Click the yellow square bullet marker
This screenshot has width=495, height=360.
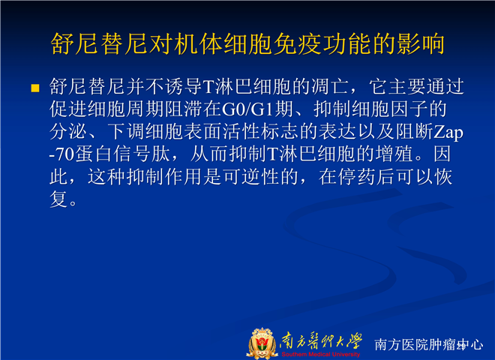(x=35, y=88)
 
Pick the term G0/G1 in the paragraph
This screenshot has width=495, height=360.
(x=247, y=109)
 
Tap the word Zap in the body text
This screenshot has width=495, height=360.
(x=448, y=132)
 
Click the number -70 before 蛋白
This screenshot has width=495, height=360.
(x=61, y=154)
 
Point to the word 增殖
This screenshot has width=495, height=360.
(x=394, y=154)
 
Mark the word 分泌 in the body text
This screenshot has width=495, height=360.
(x=68, y=132)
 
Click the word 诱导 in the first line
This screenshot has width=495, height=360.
(x=184, y=86)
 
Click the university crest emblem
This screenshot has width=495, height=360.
(x=262, y=343)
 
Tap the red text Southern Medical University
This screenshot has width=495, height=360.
(x=321, y=354)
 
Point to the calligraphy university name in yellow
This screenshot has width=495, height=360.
(x=321, y=341)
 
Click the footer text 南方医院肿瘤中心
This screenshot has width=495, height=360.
(x=429, y=344)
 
